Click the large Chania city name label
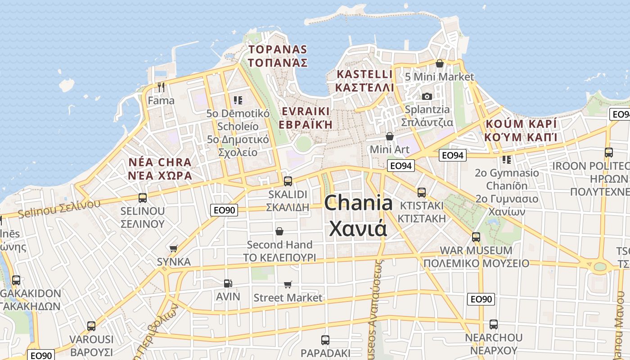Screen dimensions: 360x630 click(358, 215)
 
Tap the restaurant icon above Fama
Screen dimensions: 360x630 click(161, 87)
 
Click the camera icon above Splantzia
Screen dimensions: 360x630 click(427, 96)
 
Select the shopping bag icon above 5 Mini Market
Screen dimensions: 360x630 click(440, 63)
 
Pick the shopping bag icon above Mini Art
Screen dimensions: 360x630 click(390, 136)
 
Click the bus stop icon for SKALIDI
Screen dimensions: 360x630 click(288, 181)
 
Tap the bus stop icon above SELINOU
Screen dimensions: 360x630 click(143, 198)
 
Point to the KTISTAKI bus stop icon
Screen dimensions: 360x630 click(422, 192)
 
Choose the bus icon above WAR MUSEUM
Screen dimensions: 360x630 click(476, 237)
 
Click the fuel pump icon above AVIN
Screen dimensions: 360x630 click(228, 283)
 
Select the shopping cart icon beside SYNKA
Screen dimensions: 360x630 click(174, 248)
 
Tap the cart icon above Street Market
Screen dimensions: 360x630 click(288, 284)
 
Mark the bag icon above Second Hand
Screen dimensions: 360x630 click(279, 231)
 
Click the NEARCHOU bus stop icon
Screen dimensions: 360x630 click(494, 324)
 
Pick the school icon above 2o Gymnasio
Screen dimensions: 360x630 click(507, 159)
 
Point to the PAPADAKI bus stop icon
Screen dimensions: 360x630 click(325, 340)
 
